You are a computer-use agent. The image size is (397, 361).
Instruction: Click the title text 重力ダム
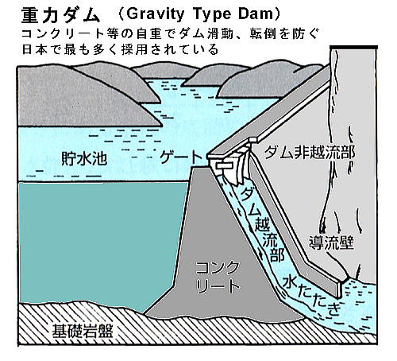[x=60, y=15]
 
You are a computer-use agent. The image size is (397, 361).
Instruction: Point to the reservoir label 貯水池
[x=84, y=158]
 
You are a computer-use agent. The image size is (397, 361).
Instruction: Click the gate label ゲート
[x=180, y=157]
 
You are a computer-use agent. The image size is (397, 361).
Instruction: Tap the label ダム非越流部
[x=309, y=152]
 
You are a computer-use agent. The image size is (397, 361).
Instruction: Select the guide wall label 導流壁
[x=331, y=243]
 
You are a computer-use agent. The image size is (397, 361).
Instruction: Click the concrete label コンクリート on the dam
[x=218, y=278]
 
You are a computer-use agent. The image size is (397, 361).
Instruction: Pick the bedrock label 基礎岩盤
[x=83, y=331]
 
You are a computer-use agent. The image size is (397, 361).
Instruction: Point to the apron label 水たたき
[x=311, y=295]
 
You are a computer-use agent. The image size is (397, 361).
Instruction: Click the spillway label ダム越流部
[x=260, y=225]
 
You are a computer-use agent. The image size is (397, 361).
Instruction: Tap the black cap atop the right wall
[x=354, y=48]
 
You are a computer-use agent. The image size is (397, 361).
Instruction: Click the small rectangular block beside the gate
[x=225, y=165]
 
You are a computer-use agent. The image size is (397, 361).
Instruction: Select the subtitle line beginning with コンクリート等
[x=171, y=34]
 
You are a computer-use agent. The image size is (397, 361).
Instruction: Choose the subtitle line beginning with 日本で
[x=121, y=49]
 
